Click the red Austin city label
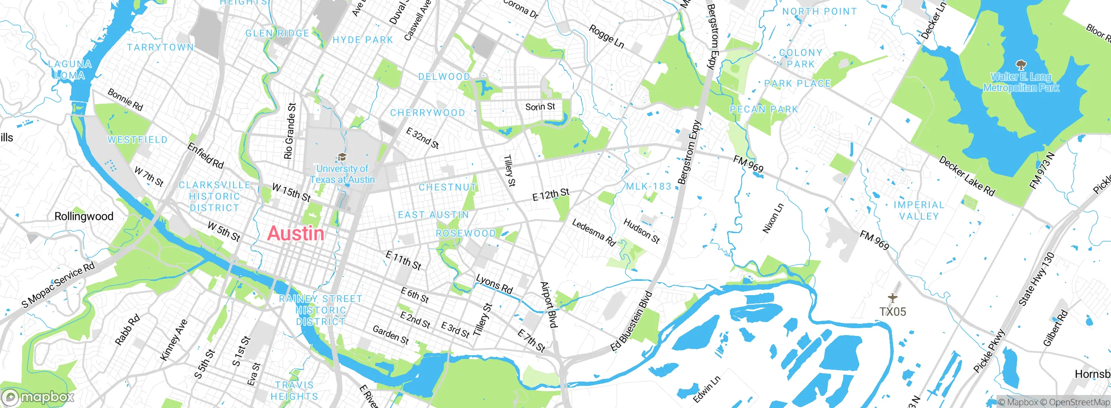(x=296, y=234)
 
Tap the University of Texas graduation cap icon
(x=342, y=157)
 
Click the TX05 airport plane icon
(x=892, y=298)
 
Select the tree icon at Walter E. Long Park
(x=1021, y=66)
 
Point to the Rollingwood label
(x=84, y=216)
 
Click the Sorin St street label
(x=540, y=107)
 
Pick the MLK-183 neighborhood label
(x=648, y=187)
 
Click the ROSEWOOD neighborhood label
(x=466, y=234)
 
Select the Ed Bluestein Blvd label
(x=631, y=321)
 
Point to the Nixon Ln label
(x=773, y=218)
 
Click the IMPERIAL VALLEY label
(x=918, y=211)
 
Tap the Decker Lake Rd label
(x=967, y=176)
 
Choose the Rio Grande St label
(x=289, y=131)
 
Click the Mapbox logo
(x=38, y=397)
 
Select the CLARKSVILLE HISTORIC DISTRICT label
(x=214, y=197)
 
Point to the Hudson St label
(x=641, y=231)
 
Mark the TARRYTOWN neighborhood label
(x=160, y=47)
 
